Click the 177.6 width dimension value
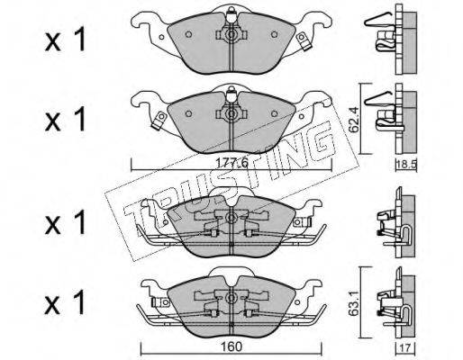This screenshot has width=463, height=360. point(232,163)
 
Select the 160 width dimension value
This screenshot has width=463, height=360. point(232,346)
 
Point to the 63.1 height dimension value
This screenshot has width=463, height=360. point(354,304)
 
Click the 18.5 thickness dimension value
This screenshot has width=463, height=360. point(406,165)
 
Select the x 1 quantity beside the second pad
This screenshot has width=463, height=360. point(66,120)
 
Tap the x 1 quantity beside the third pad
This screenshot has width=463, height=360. point(66,222)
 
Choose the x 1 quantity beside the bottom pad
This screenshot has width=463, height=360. point(66,302)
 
